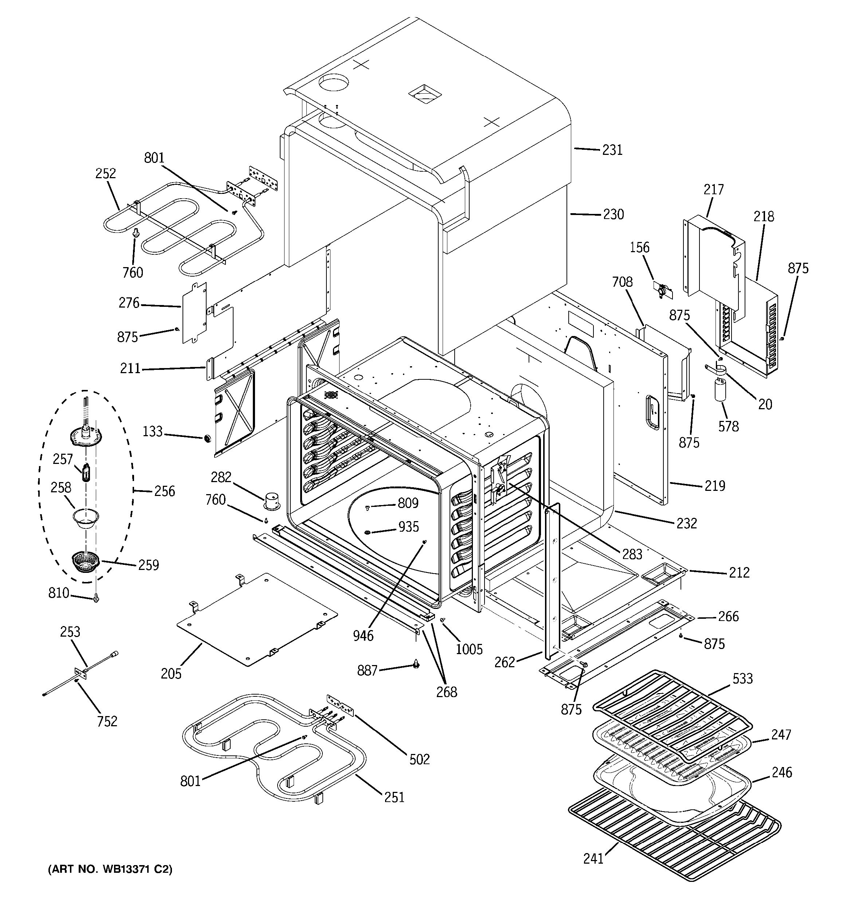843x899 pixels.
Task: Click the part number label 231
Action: pyautogui.click(x=612, y=150)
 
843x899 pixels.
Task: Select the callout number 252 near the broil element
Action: pyautogui.click(x=105, y=174)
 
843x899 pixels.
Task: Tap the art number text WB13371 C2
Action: pyautogui.click(x=110, y=869)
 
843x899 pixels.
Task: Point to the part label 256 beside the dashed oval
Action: pyautogui.click(x=164, y=491)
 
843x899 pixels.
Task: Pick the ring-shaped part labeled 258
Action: pyautogui.click(x=86, y=518)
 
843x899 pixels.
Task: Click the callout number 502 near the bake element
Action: pyautogui.click(x=419, y=759)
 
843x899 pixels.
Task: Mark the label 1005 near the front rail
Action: pyautogui.click(x=469, y=649)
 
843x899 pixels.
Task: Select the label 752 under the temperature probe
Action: pyautogui.click(x=107, y=721)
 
